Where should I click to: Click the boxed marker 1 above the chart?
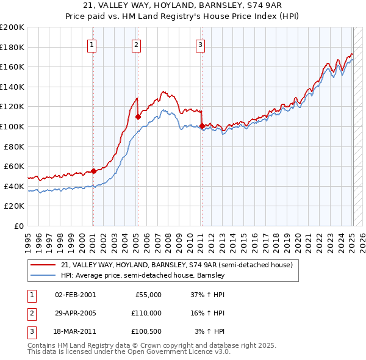(x=91, y=44)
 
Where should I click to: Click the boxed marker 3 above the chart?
(x=200, y=44)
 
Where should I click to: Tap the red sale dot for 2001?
(x=93, y=171)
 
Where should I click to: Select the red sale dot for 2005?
(x=138, y=117)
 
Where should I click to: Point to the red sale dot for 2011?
(x=202, y=126)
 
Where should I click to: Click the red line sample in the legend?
(x=43, y=265)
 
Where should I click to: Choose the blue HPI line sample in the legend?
(x=43, y=275)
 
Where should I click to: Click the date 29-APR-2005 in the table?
(x=75, y=312)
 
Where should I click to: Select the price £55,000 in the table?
(x=147, y=294)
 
